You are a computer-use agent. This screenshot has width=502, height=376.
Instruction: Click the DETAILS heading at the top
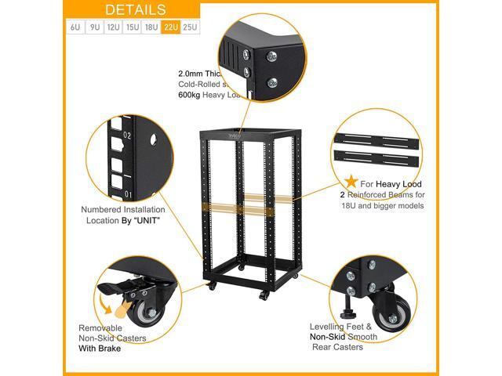(134, 9)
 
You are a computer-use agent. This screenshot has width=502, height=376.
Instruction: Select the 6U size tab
(75, 27)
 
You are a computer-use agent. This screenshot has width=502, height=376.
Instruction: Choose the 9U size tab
(94, 27)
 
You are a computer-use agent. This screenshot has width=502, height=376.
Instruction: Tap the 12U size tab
(113, 27)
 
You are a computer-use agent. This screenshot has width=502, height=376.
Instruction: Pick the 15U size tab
(133, 27)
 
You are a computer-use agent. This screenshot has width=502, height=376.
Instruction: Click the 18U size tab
(152, 27)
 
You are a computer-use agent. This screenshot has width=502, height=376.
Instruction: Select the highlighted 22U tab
(172, 27)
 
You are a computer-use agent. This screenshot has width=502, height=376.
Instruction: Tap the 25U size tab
(191, 27)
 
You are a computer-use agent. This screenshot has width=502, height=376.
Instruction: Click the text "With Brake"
(100, 349)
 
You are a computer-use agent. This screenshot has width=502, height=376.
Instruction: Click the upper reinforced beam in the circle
(379, 139)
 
